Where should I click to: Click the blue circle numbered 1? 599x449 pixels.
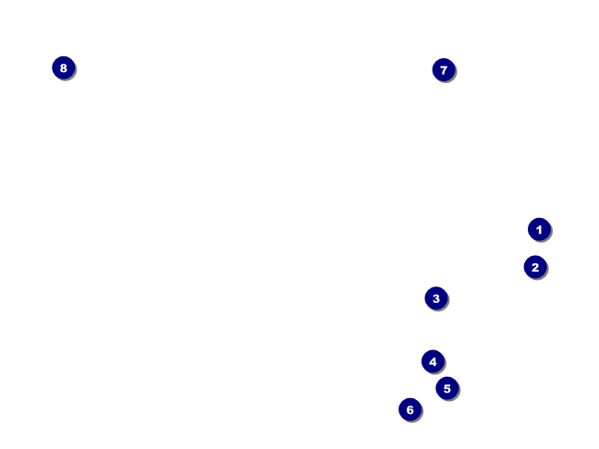click(x=539, y=229)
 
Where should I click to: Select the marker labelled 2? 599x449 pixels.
click(x=535, y=267)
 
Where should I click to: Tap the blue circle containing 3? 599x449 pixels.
click(x=436, y=298)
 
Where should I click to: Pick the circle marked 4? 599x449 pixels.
click(x=433, y=361)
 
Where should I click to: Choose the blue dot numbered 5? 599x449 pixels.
click(x=447, y=388)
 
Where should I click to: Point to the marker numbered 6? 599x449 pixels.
click(x=410, y=409)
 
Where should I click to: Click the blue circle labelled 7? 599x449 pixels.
click(x=444, y=69)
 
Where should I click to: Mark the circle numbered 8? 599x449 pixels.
click(x=63, y=67)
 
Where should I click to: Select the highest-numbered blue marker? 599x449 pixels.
click(x=63, y=67)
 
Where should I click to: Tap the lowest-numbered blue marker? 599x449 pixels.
click(x=539, y=229)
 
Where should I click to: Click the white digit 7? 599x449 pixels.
click(x=444, y=69)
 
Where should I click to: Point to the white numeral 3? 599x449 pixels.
click(x=436, y=298)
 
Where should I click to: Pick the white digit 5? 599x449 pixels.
click(x=447, y=388)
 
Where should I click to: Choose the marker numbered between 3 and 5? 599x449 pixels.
click(x=433, y=361)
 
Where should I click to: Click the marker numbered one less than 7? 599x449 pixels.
click(x=410, y=409)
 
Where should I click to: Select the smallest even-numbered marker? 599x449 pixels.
click(x=535, y=267)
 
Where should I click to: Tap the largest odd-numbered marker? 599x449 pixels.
click(x=444, y=69)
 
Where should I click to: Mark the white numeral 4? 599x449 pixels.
click(x=433, y=361)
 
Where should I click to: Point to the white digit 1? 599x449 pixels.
click(x=539, y=229)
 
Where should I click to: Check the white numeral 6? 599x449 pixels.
click(x=410, y=409)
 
